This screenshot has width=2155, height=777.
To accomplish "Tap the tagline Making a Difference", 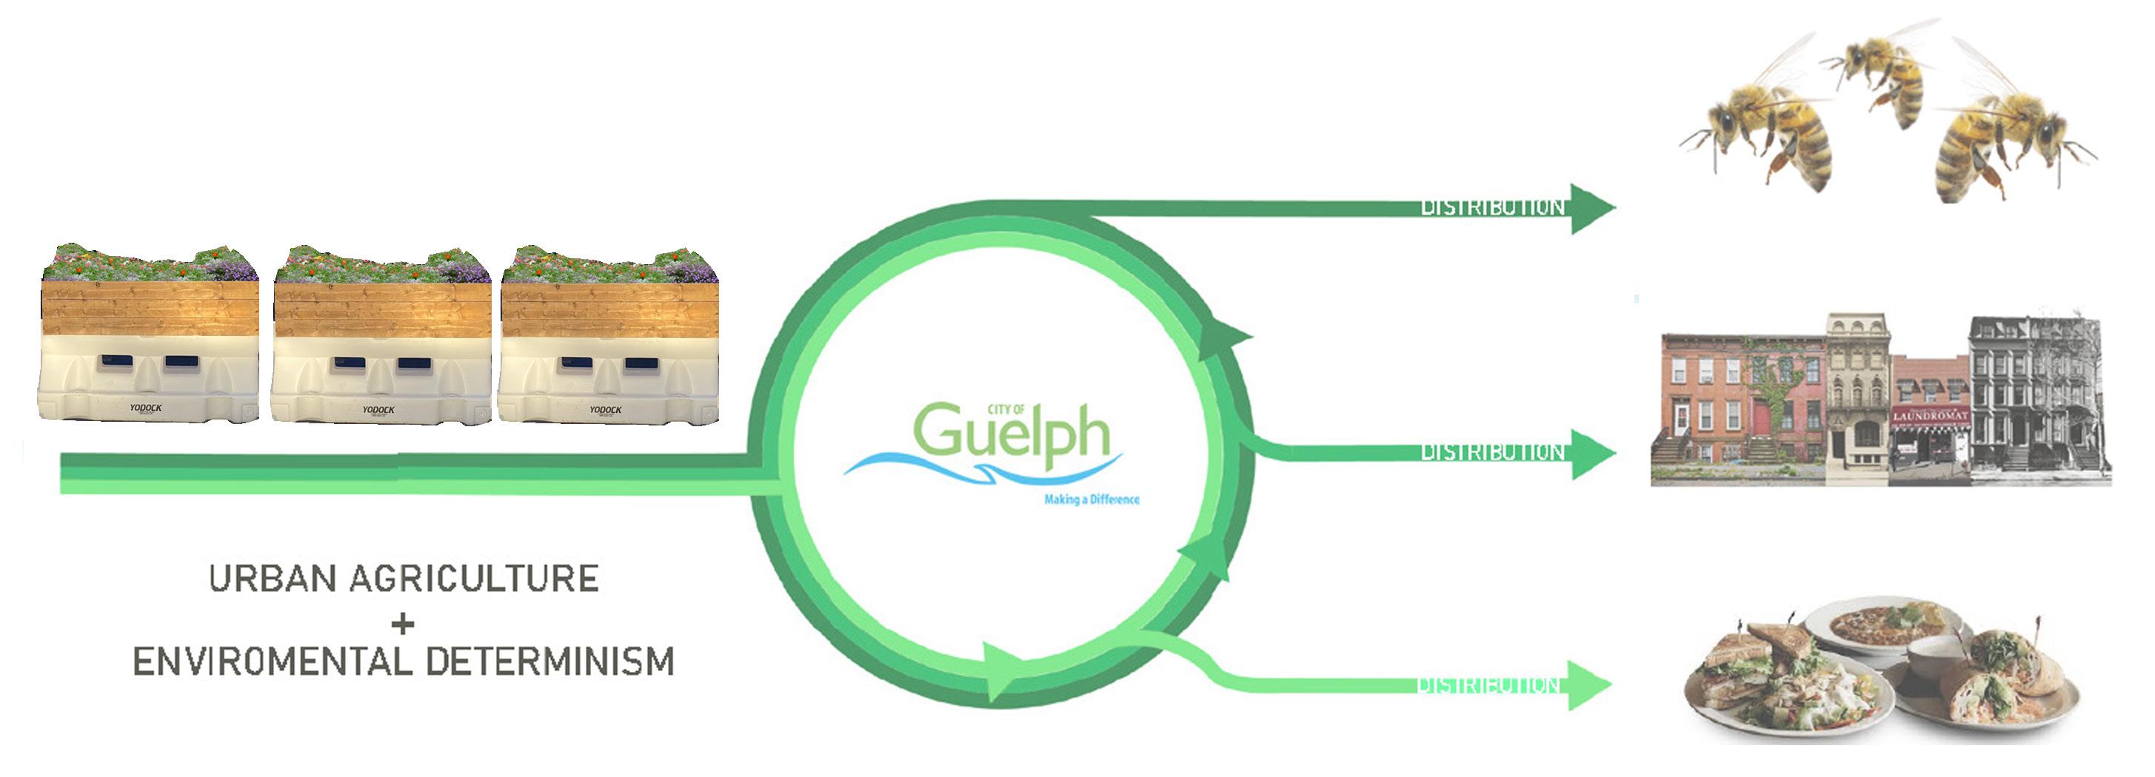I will coord(1091,500).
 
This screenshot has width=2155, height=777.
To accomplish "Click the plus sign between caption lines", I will coord(402,623).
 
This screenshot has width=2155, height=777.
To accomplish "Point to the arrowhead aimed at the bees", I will coord(1591,208).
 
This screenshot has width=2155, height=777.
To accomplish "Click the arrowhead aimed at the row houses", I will coord(1591,454).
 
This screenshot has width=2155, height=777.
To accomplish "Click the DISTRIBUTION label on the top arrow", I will coord(1491,207).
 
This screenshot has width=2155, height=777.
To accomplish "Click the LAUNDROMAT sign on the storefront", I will coord(1929,417).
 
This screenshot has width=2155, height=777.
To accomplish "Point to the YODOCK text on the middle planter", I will coord(378,410).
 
